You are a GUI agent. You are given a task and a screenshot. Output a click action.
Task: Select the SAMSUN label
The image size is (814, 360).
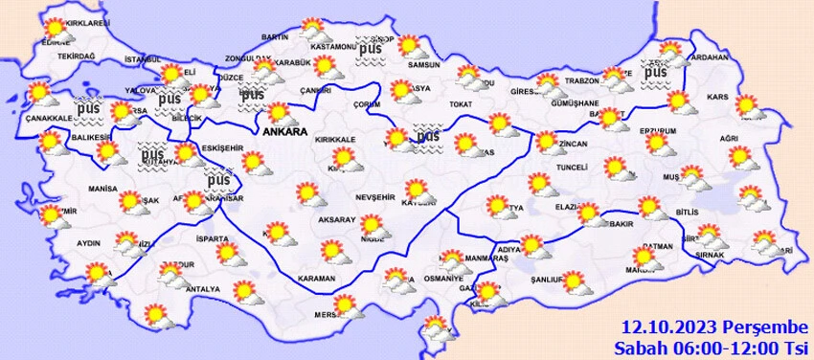(x=421, y=65)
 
